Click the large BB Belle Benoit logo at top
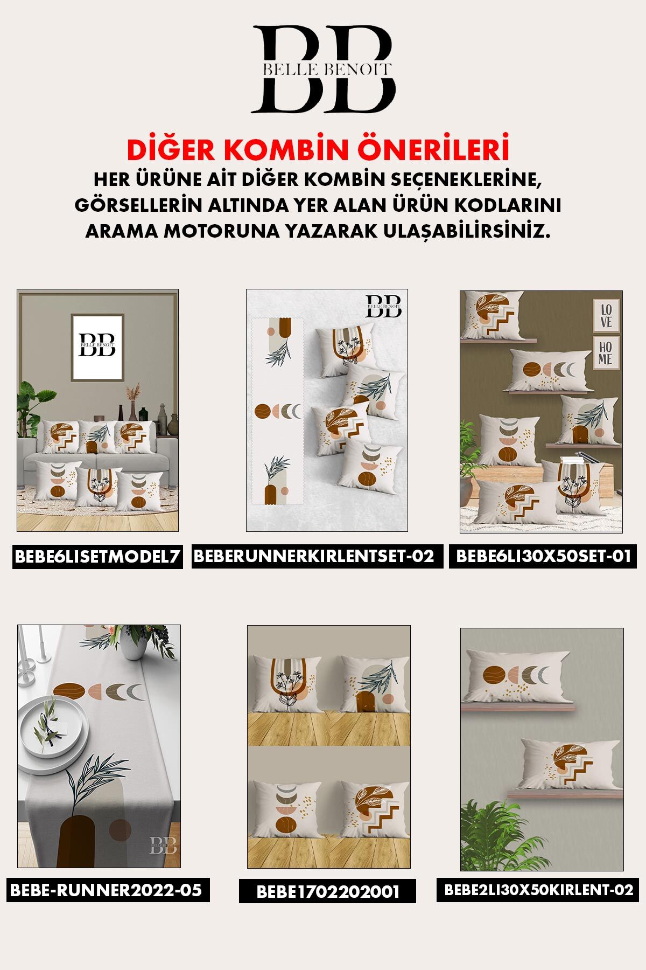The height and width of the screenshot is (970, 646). (x=323, y=69)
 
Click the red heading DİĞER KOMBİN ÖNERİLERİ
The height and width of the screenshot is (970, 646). (x=318, y=150)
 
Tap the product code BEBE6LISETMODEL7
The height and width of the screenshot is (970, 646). (x=97, y=557)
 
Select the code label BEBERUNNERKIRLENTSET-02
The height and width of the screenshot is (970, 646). (x=317, y=556)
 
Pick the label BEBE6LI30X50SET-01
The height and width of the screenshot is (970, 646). (x=543, y=556)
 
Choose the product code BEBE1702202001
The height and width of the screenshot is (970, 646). (x=327, y=891)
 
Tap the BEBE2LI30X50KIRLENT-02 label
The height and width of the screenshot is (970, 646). (x=538, y=890)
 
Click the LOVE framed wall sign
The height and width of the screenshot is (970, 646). (x=606, y=315)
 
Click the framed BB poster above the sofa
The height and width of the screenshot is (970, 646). (x=97, y=347)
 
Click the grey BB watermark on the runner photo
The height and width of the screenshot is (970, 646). (x=162, y=845)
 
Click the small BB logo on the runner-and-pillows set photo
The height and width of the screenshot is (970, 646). (x=384, y=306)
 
